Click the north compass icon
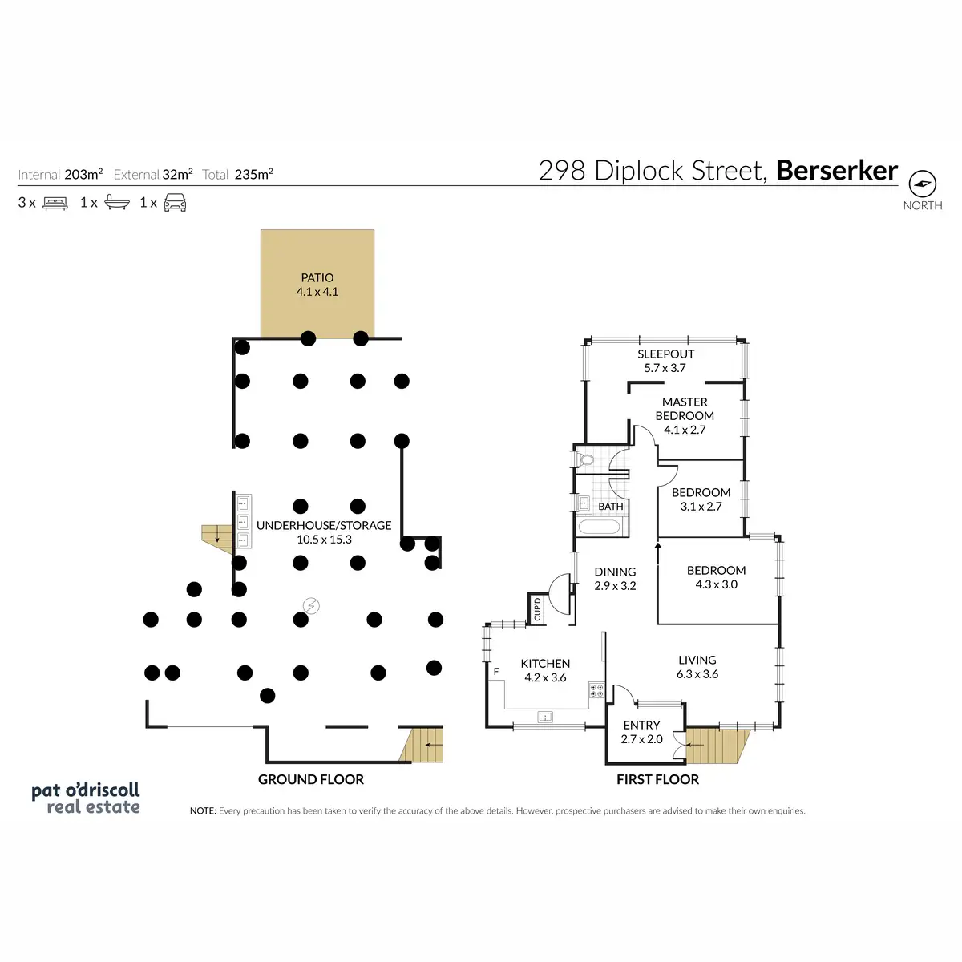[923, 184]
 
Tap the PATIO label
[317, 277]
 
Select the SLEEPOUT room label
[665, 354]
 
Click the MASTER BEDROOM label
[685, 409]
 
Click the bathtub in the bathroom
[599, 527]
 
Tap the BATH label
[611, 507]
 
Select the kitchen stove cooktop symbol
[596, 689]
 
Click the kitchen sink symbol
[545, 717]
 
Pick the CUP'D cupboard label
[537, 608]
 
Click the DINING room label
[615, 572]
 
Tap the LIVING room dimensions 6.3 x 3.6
[697, 674]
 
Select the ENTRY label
[641, 725]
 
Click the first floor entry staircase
[717, 746]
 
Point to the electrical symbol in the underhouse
[311, 606]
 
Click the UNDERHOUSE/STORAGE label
[324, 525]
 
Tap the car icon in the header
[175, 203]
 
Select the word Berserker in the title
[837, 171]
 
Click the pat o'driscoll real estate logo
[86, 798]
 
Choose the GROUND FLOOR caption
[311, 779]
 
